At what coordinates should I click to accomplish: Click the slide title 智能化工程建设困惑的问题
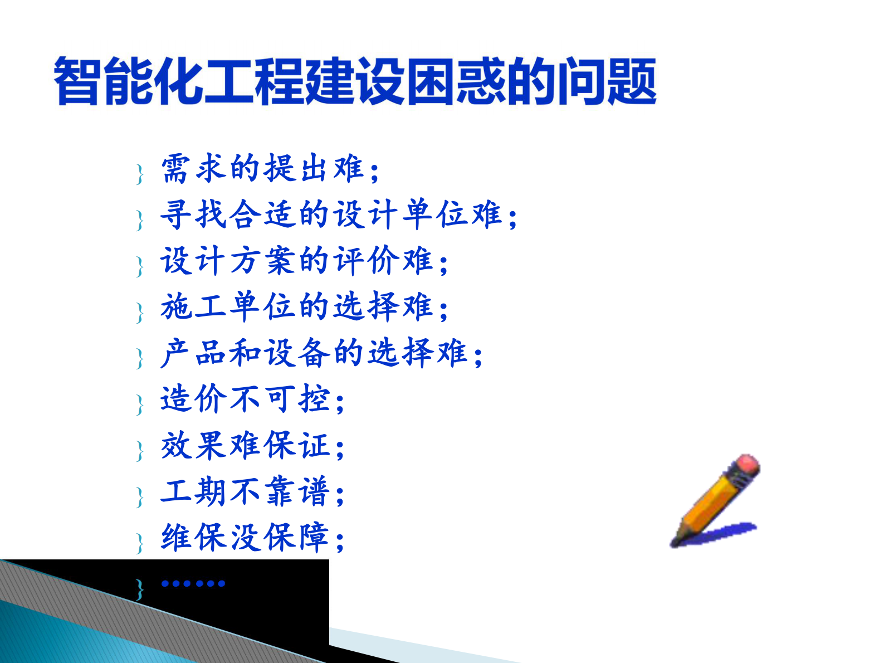pyautogui.click(x=355, y=81)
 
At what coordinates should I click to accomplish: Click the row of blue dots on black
pyautogui.click(x=193, y=583)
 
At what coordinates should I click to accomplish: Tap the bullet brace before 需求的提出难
pyautogui.click(x=139, y=174)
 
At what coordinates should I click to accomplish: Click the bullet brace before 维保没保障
pyautogui.click(x=139, y=542)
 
